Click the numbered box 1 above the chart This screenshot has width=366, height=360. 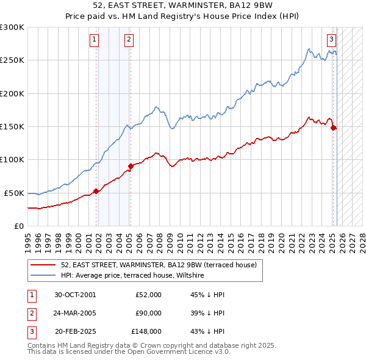point(95,40)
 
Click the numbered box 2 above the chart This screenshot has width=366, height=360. point(129,40)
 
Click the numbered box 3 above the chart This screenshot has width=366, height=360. point(331,40)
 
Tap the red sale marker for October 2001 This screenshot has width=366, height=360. point(96,191)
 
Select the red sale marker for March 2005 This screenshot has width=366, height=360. point(131,166)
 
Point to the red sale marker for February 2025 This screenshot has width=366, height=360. point(334,128)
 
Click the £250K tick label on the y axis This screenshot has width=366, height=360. point(12,60)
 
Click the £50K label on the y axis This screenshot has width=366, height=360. point(14,193)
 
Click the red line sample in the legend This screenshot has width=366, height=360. point(43,265)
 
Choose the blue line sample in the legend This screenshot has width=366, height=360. point(43,276)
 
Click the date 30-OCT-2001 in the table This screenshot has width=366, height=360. point(75,295)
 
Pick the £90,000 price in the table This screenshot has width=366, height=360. point(148,313)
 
